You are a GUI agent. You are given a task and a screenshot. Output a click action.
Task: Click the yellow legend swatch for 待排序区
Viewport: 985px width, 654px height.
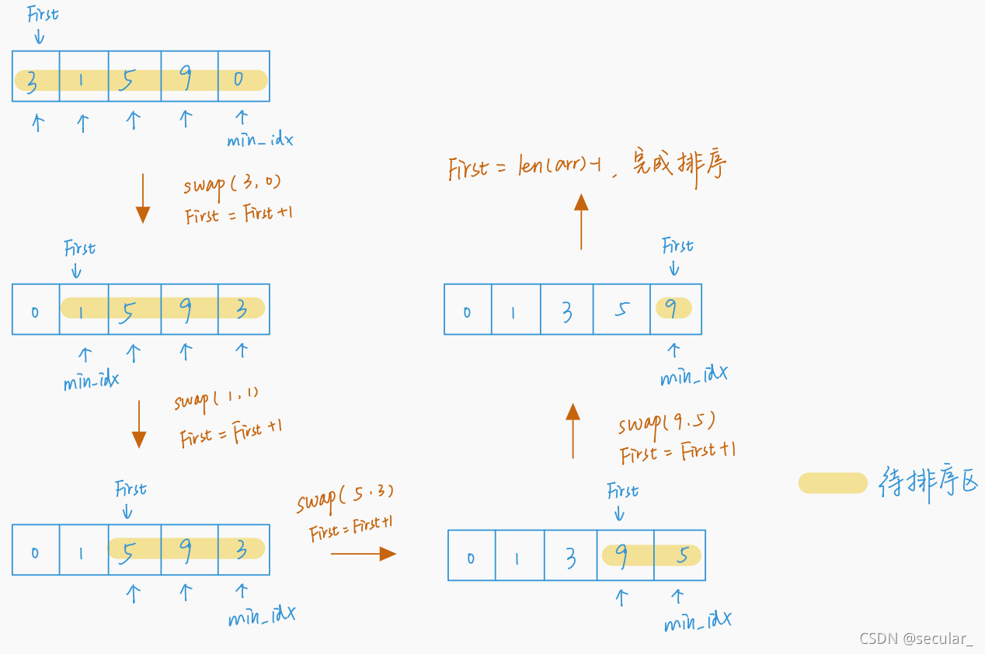click(x=833, y=483)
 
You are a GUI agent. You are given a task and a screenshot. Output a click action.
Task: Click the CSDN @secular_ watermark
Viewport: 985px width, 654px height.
click(x=915, y=638)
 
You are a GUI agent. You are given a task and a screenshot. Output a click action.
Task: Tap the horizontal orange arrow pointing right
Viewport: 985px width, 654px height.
click(x=364, y=553)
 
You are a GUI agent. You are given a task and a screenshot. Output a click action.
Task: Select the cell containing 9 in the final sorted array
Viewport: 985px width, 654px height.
click(x=675, y=309)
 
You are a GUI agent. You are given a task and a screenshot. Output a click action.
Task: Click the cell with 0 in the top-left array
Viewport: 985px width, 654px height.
click(x=243, y=76)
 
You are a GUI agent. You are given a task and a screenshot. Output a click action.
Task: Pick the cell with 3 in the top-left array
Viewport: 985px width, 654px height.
click(x=35, y=76)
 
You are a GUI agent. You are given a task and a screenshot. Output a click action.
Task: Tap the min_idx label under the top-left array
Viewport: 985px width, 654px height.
click(x=259, y=140)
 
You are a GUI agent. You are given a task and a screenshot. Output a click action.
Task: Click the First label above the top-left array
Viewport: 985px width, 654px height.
click(x=42, y=15)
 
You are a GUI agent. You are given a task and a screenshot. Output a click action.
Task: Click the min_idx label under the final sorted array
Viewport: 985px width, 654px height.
click(x=693, y=375)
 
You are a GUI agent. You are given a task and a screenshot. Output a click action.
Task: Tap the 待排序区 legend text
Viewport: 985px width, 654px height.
click(x=928, y=482)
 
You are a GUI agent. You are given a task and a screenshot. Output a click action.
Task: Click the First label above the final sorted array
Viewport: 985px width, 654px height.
click(x=677, y=246)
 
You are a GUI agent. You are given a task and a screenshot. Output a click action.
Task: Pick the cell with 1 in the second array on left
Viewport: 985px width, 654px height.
click(x=83, y=309)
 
